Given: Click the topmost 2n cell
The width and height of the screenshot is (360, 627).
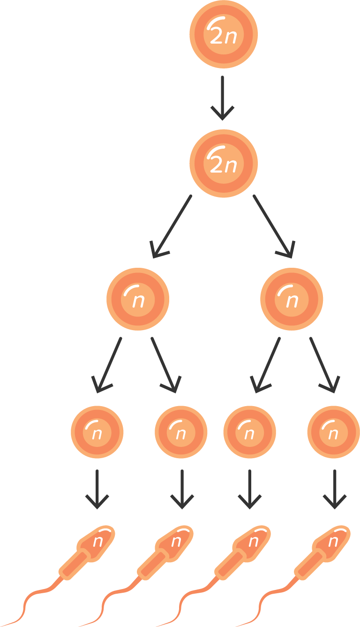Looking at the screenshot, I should click(224, 34).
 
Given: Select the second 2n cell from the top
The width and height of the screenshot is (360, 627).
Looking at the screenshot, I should click(224, 163).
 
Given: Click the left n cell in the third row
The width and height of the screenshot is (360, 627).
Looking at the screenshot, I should click(138, 299).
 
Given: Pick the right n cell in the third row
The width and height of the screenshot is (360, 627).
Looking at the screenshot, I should click(292, 299).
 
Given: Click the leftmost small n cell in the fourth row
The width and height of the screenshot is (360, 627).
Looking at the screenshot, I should click(97, 432).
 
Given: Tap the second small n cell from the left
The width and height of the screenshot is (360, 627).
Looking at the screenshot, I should click(181, 432).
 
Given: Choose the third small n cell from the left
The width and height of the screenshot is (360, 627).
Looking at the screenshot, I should click(249, 432).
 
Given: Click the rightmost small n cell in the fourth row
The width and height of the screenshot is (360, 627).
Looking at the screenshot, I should click(333, 432).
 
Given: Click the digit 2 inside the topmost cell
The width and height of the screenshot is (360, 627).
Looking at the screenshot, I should click(217, 37).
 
